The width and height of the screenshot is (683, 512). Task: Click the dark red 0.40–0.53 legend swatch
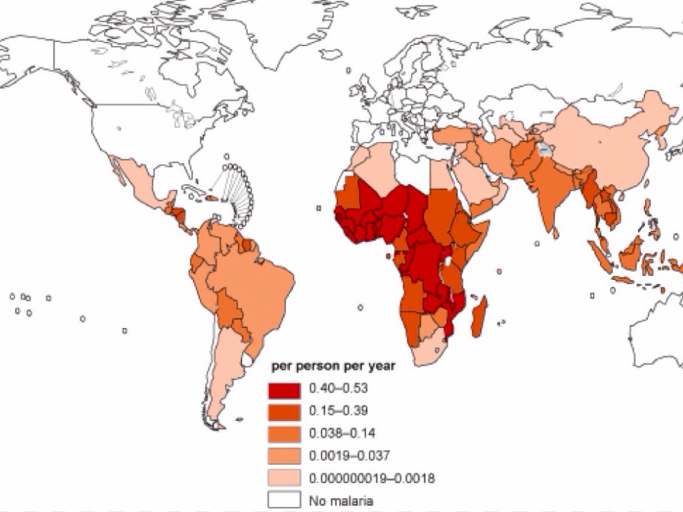pyautogui.click(x=284, y=390)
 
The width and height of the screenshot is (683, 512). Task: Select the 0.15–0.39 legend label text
pyautogui.click(x=339, y=411)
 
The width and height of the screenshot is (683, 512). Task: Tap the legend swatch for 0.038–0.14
pyautogui.click(x=284, y=434)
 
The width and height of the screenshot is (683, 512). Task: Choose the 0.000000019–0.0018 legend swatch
pyautogui.click(x=284, y=479)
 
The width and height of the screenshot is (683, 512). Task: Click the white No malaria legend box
pyautogui.click(x=284, y=500)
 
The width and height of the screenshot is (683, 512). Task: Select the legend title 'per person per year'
pyautogui.click(x=333, y=366)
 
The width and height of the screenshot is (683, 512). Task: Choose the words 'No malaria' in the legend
pyautogui.click(x=341, y=501)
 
